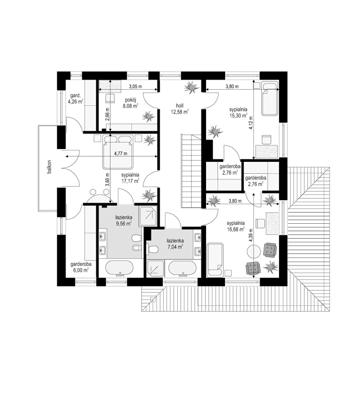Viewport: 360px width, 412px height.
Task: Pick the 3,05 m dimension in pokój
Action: click(x=135, y=86)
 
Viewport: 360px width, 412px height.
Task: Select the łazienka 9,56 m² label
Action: click(x=124, y=220)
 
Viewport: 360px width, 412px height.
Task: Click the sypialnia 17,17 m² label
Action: click(x=131, y=178)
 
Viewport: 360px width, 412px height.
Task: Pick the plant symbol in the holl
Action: click(x=192, y=87)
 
